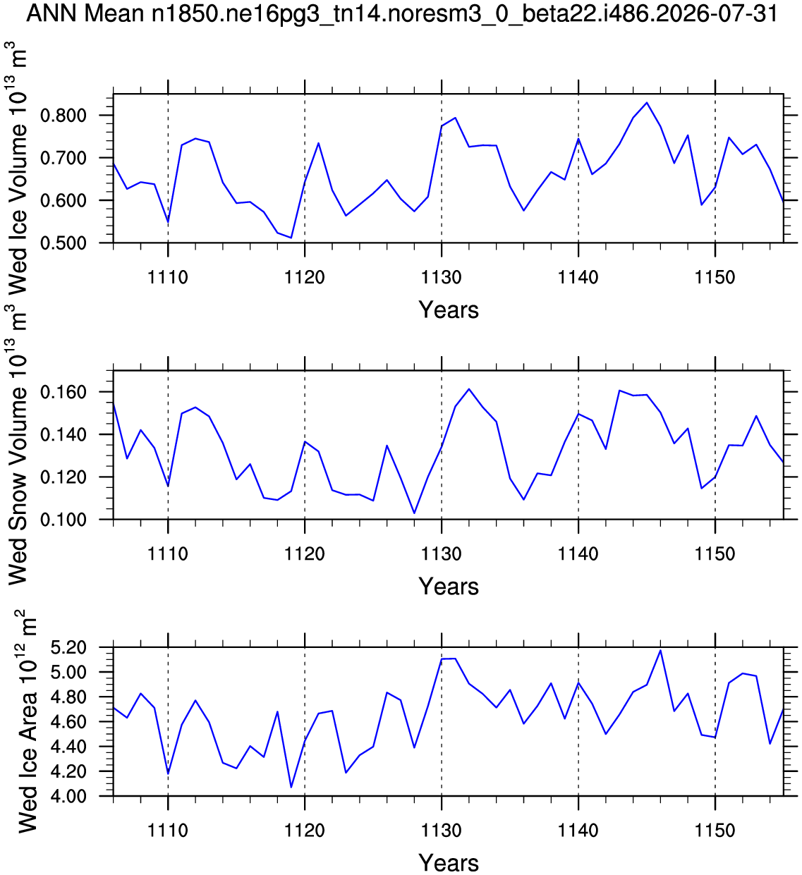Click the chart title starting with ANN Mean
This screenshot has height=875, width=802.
click(401, 14)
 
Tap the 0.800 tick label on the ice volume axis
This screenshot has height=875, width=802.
click(63, 116)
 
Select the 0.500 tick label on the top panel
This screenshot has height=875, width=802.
click(63, 243)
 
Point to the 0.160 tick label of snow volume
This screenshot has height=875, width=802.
click(63, 393)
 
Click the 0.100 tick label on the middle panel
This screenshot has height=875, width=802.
click(63, 520)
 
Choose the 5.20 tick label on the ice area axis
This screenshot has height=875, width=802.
click(69, 647)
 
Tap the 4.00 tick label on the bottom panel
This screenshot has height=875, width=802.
click(69, 797)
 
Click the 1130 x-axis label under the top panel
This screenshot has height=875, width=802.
click(442, 277)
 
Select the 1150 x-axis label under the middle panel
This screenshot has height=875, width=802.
click(715, 554)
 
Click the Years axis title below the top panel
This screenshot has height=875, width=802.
click(449, 310)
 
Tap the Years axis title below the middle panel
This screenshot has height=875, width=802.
click(449, 586)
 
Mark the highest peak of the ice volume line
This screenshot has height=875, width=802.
click(647, 102)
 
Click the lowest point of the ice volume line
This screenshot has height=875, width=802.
click(291, 238)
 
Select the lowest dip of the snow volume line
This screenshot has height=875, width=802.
click(414, 513)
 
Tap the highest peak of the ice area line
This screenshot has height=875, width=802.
click(660, 650)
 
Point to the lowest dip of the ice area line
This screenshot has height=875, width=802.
click(291, 787)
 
